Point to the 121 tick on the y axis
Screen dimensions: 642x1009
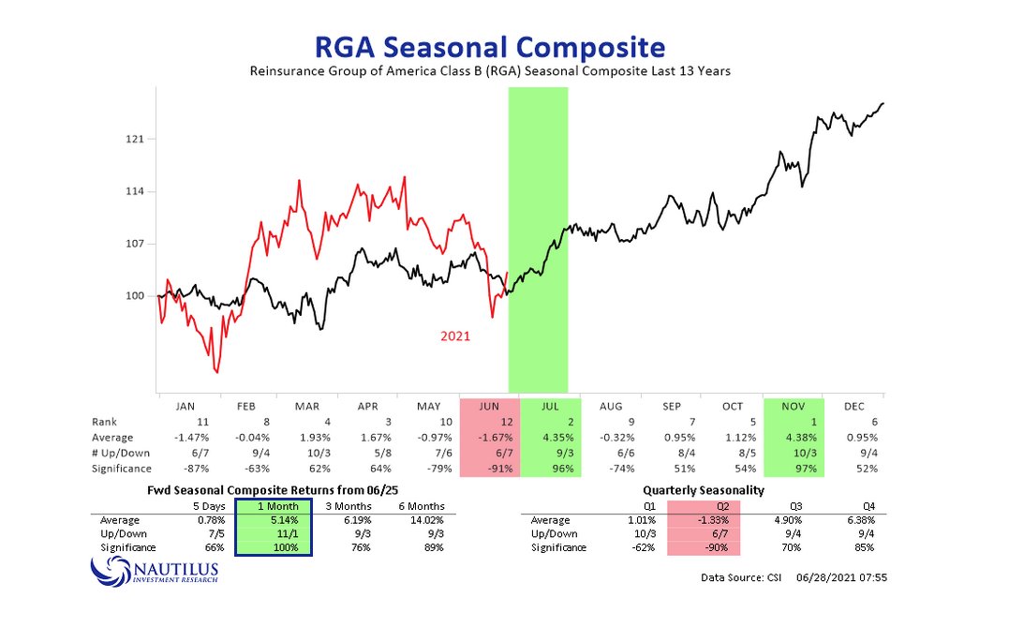click(x=133, y=140)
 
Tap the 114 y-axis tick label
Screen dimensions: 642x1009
click(x=133, y=192)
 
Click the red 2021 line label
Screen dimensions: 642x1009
click(x=456, y=336)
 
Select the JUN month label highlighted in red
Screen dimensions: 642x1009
click(x=488, y=407)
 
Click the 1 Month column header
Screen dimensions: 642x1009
click(x=274, y=507)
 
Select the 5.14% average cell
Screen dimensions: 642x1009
click(x=274, y=520)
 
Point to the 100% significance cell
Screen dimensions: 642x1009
click(x=274, y=547)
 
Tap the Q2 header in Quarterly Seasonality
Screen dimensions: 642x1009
click(x=704, y=507)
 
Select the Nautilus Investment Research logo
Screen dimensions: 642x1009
click(x=155, y=569)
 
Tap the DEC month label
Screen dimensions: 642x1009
click(x=855, y=407)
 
